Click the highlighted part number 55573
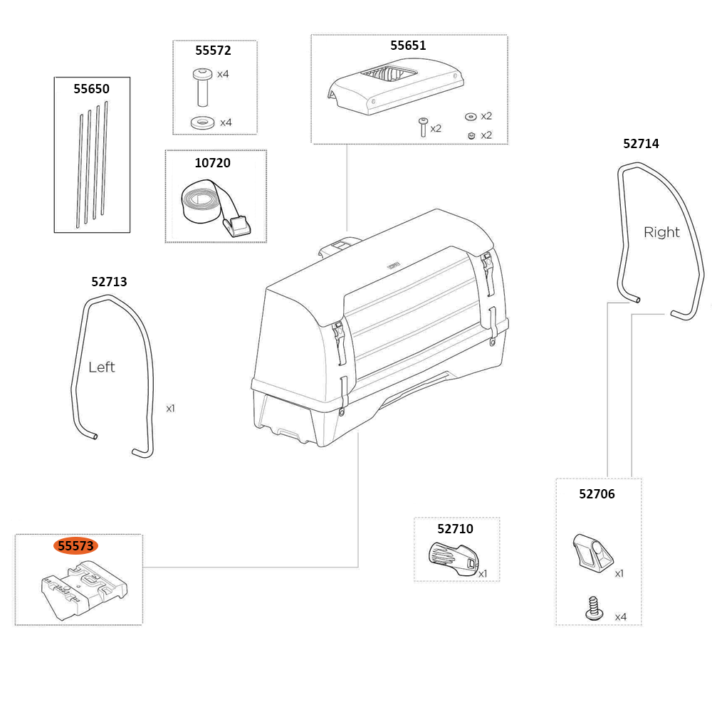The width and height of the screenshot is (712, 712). pyautogui.click(x=75, y=546)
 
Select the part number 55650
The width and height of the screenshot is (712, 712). pyautogui.click(x=92, y=89)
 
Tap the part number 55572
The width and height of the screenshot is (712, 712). pyautogui.click(x=214, y=51)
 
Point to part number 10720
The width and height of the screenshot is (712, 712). pyautogui.click(x=213, y=163)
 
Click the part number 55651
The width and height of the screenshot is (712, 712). pyautogui.click(x=408, y=46)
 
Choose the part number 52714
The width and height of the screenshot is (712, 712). pyautogui.click(x=641, y=144)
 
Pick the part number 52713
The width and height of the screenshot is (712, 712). pyautogui.click(x=109, y=282)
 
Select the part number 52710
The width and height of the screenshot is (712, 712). pyautogui.click(x=455, y=529)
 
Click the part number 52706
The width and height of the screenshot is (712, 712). pyautogui.click(x=597, y=494)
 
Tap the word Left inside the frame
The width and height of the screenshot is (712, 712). pyautogui.click(x=101, y=367)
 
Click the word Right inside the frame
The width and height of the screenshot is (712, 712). pyautogui.click(x=661, y=232)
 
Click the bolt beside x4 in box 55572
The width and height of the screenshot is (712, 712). pyautogui.click(x=202, y=83)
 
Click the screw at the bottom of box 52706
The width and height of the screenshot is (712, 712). pyautogui.click(x=592, y=607)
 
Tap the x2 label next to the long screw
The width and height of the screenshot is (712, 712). pyautogui.click(x=436, y=129)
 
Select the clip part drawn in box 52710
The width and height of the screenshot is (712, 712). pyautogui.click(x=451, y=556)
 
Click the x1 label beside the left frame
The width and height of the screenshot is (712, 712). pyautogui.click(x=170, y=409)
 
